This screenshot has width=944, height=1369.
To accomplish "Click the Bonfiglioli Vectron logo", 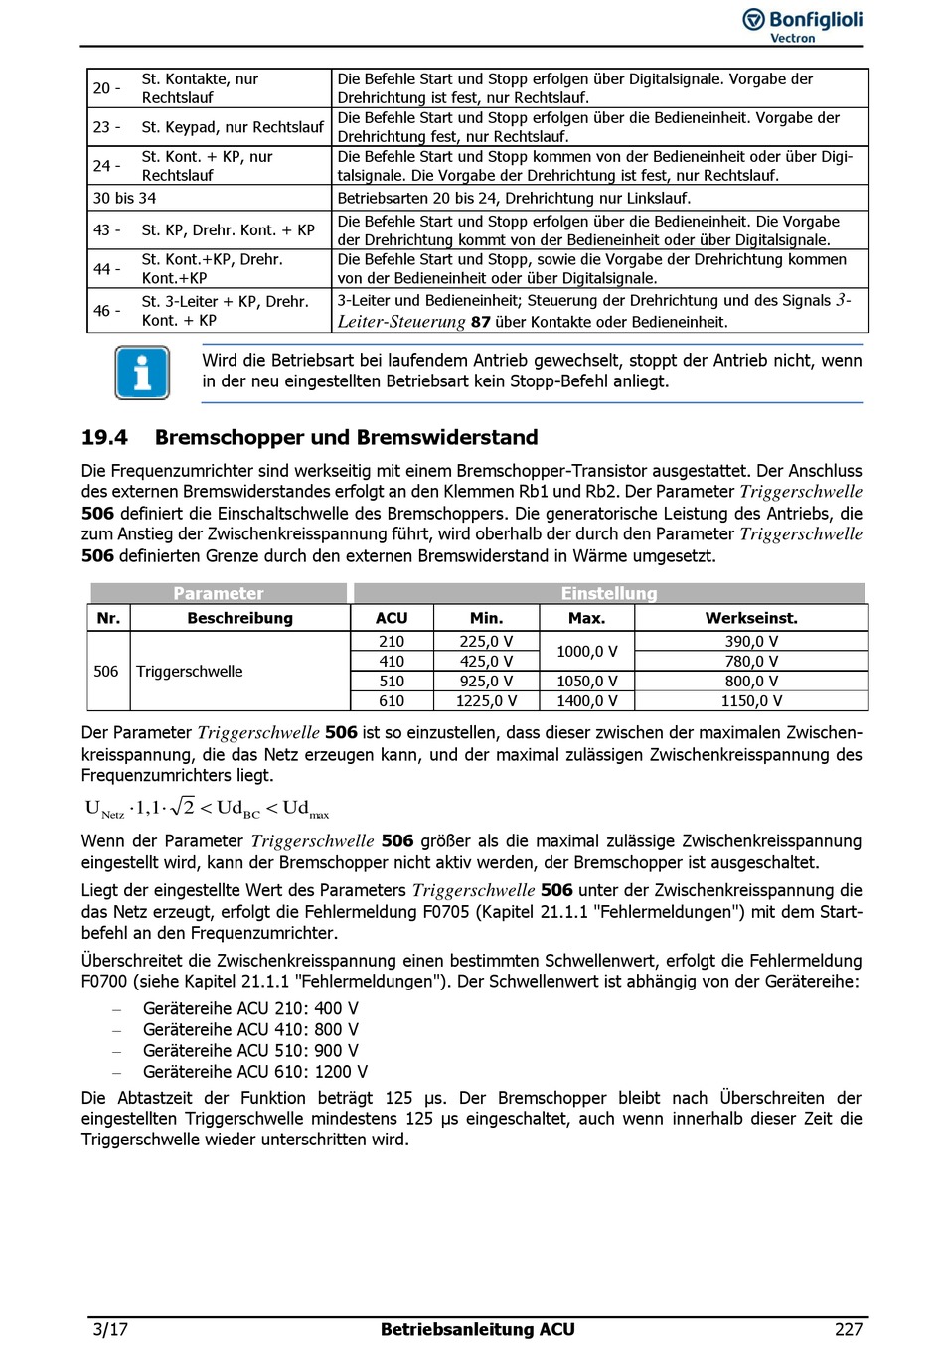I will tap(803, 25).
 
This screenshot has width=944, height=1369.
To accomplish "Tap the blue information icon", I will tap(142, 373).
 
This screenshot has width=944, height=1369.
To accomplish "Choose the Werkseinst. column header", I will tap(751, 618).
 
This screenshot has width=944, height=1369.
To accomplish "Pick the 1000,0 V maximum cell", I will tap(586, 652).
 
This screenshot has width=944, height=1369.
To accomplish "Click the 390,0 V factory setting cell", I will tap(751, 642).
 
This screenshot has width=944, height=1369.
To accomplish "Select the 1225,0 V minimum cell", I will tap(486, 701).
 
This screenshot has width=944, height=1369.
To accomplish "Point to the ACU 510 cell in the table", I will tap(392, 682).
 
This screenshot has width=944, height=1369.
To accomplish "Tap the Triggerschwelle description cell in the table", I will tap(190, 672).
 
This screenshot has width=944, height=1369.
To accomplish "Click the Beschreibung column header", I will tap(239, 618).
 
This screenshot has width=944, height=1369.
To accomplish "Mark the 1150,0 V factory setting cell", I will tap(751, 701).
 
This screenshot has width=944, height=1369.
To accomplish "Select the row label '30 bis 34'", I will tap(124, 198).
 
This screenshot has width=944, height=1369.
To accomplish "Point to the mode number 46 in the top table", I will tap(102, 311).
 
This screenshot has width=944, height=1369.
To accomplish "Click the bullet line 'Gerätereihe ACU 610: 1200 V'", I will tap(254, 1072).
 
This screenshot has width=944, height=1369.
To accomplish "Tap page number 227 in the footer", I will tap(848, 1330).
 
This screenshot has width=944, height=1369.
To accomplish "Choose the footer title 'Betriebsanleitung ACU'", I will tap(477, 1330).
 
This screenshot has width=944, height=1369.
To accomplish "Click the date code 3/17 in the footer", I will tap(110, 1330).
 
